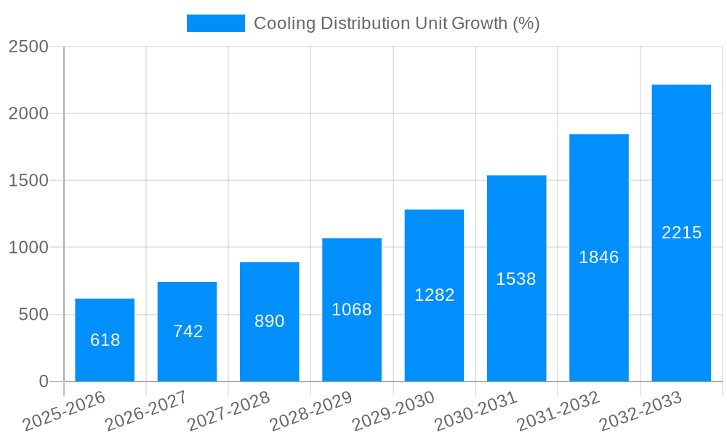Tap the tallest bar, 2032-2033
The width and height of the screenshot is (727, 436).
pos(681,233)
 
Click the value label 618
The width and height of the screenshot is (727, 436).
pos(105,340)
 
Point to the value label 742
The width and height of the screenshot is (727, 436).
pos(188,331)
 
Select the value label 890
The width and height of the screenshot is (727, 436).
pos(270,321)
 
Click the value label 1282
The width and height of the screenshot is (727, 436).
pos(434,295)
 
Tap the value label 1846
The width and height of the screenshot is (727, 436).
pos(599,257)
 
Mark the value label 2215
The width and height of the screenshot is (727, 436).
pos(681,233)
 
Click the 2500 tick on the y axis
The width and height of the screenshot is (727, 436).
pos(28,47)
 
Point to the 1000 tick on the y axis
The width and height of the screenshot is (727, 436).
pos(28,248)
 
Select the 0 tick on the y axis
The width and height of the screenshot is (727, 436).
pos(43,381)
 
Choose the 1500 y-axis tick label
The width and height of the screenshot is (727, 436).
pos(28,180)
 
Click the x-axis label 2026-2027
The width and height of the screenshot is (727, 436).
pos(146,411)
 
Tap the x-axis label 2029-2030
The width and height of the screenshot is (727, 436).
pos(393,411)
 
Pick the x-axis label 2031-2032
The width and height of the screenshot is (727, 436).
pos(558,411)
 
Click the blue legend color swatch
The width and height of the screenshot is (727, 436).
pos(215,23)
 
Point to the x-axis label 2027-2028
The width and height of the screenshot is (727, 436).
pos(228,411)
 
